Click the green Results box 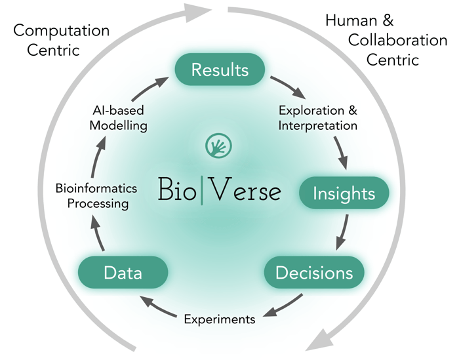tap(220, 70)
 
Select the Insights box tap(344, 193)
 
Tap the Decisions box tap(314, 272)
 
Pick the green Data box tap(123, 272)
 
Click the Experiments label tap(220, 319)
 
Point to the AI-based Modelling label tap(118, 118)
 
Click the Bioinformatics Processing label tap(96, 196)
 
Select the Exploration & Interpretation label tap(318, 118)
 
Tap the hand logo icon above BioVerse tap(218, 146)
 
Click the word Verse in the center tap(246, 190)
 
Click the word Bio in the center tap(177, 190)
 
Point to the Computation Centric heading tap(62, 40)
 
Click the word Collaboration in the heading tap(397, 40)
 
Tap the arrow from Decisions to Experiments tap(283, 306)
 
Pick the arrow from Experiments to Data tap(158, 306)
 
